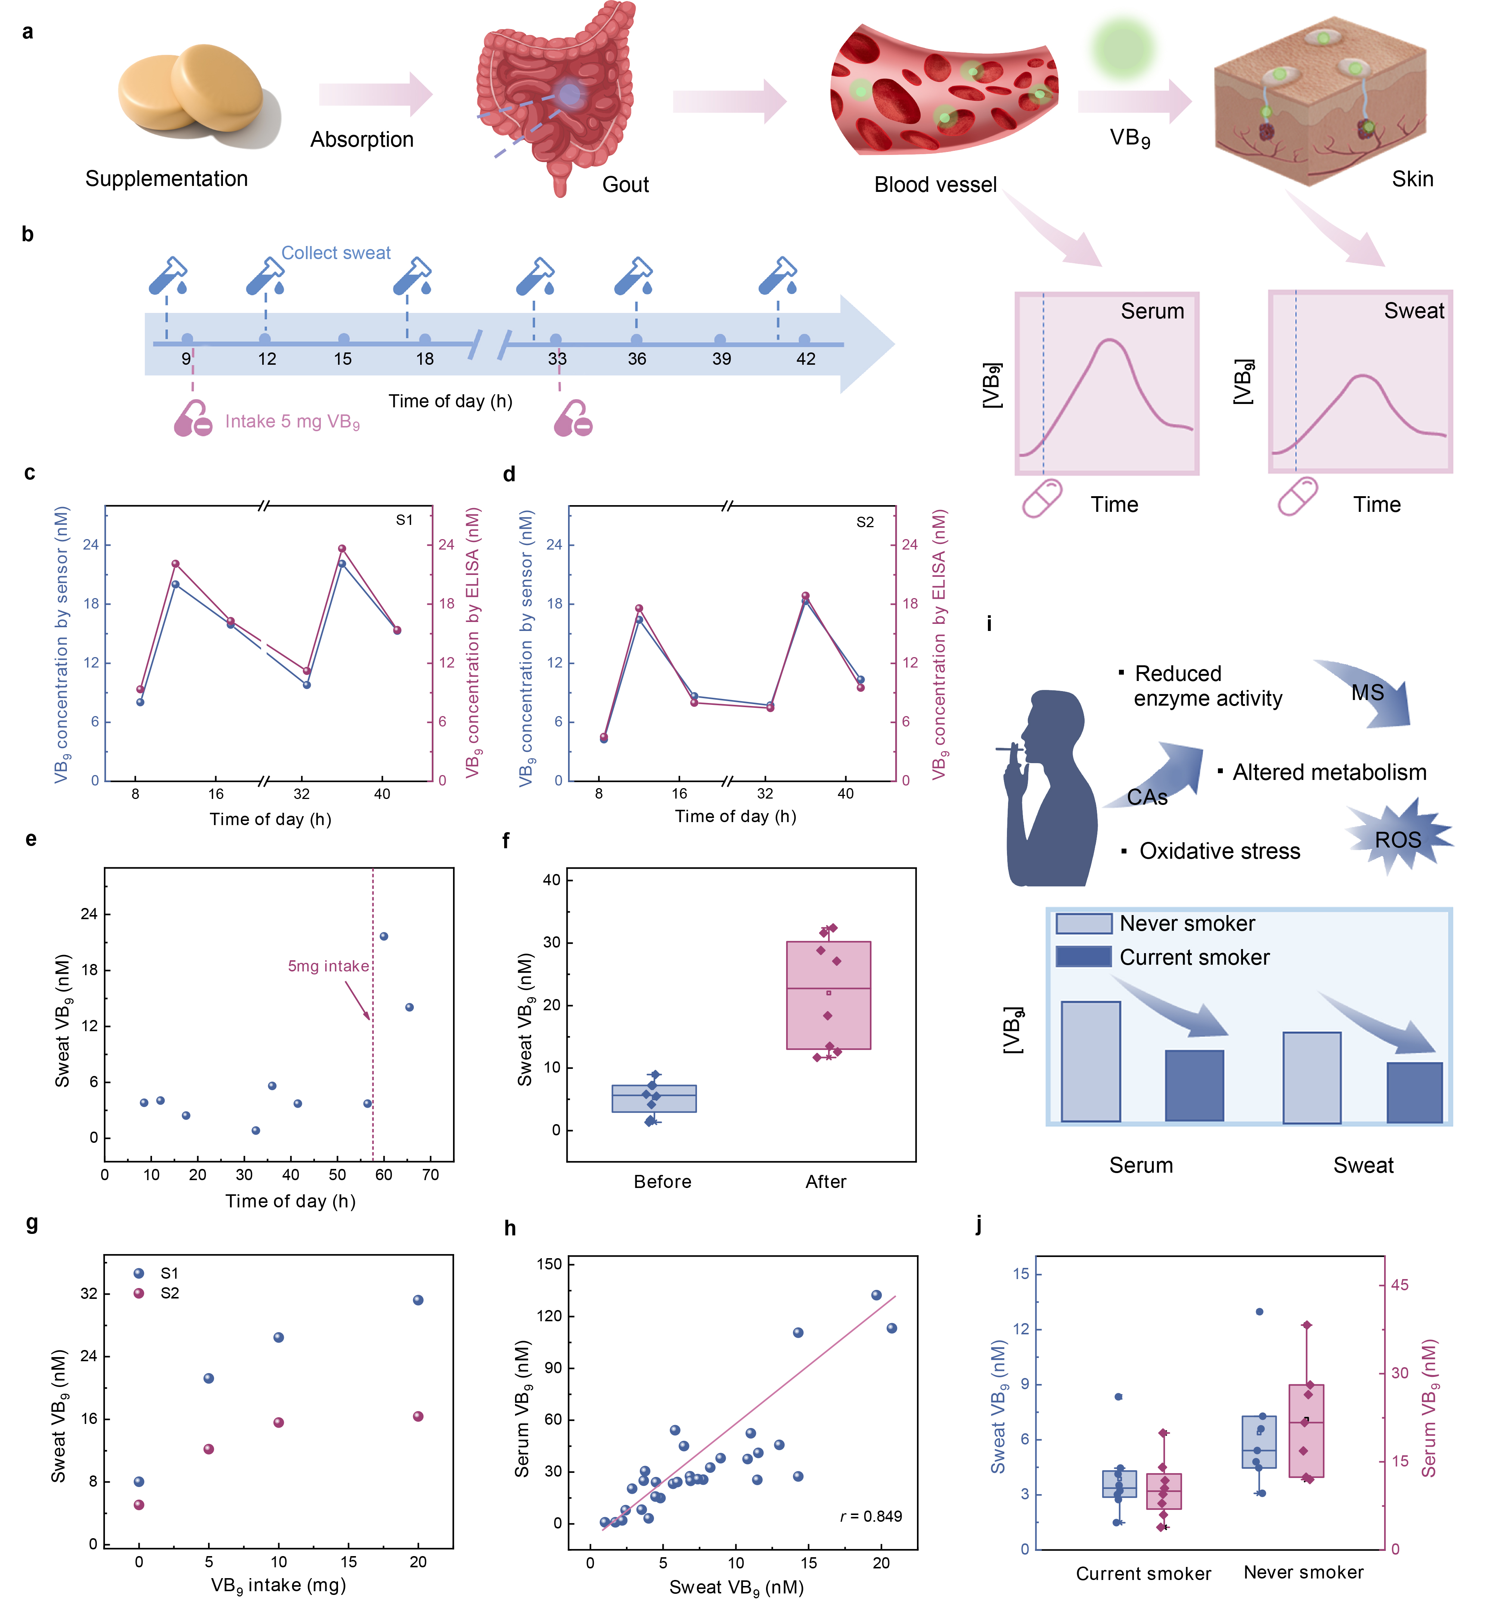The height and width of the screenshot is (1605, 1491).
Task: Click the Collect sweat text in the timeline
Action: pyautogui.click(x=336, y=252)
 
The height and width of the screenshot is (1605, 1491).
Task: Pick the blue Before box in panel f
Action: pyautogui.click(x=654, y=1098)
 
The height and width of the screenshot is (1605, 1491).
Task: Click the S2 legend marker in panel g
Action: pyautogui.click(x=139, y=1293)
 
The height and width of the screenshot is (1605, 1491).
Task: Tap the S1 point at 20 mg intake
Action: pyautogui.click(x=418, y=1300)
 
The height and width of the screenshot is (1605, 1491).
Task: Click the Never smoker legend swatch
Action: pyautogui.click(x=1084, y=924)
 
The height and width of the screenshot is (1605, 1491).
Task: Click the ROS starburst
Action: pyautogui.click(x=1397, y=840)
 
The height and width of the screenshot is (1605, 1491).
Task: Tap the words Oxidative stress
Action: pyautogui.click(x=1219, y=851)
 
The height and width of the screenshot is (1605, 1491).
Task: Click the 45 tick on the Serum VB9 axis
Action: pyautogui.click(x=1399, y=1285)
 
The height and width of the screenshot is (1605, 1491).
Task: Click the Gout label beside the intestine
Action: pyautogui.click(x=625, y=185)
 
